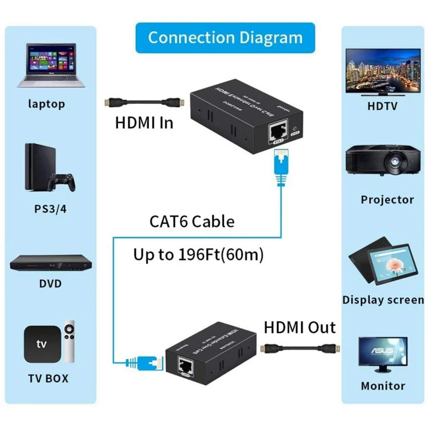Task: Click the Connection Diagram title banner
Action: pyautogui.click(x=225, y=37)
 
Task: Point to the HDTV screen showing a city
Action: pyautogui.click(x=383, y=70)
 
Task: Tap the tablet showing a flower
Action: pyautogui.click(x=393, y=264)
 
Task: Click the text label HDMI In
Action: pyautogui.click(x=144, y=123)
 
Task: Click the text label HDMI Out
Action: pyautogui.click(x=300, y=327)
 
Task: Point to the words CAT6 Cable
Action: pyautogui.click(x=191, y=221)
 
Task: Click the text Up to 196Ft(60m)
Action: pyautogui.click(x=198, y=255)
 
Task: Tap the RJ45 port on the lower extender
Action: pyautogui.click(x=186, y=367)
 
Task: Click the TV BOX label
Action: pyautogui.click(x=48, y=378)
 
